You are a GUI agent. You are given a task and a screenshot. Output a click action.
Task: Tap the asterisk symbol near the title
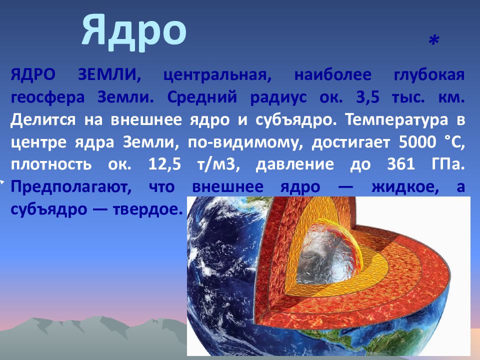pos(434,40)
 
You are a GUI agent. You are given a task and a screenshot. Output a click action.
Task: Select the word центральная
pos(217,75)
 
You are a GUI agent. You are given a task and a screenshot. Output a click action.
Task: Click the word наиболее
pos(333,75)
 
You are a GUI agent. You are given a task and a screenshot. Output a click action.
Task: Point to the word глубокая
pos(429,75)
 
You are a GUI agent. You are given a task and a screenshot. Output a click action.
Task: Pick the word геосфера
pos(48,98)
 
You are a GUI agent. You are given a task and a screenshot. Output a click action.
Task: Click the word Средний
pos(202,97)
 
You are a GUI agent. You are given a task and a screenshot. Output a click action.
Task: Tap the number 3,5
pos(368,97)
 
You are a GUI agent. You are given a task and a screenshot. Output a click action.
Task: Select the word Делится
pos(43,119)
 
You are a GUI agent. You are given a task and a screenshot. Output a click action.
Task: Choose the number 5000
pos(417,142)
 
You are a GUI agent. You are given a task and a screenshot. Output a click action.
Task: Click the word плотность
pos(51,164)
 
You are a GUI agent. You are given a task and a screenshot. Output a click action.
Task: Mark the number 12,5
pos(164,164)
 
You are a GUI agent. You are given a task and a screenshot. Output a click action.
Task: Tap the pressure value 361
pos(401,164)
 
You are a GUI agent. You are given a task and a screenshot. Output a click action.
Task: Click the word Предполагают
pos(71,187)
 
